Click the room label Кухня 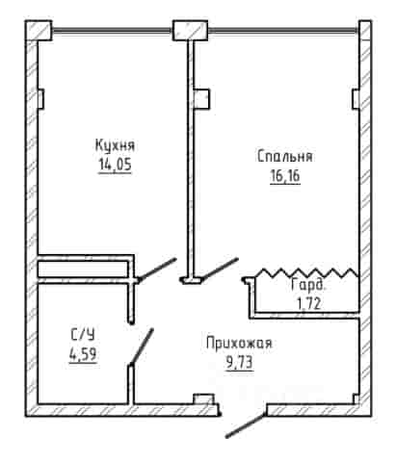click(115, 145)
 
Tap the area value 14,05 click(115, 165)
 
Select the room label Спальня click(285, 156)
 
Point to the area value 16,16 click(285, 175)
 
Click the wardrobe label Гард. click(307, 285)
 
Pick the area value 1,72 click(308, 303)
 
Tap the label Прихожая click(239, 343)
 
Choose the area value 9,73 click(240, 363)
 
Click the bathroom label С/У click(83, 335)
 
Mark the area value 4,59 click(83, 354)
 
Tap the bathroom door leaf click(142, 346)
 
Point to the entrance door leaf click(246, 425)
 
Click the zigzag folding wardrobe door click(306, 272)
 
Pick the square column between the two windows click(190, 31)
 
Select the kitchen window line click(112, 31)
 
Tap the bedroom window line click(283, 31)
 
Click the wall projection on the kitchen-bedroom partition click(202, 99)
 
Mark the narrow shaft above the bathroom click(83, 269)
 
